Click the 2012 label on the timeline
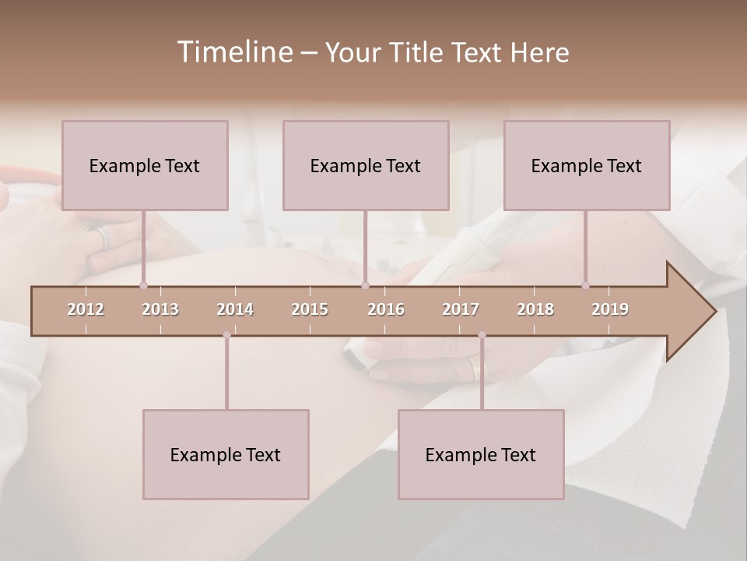86,309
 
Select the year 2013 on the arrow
160,309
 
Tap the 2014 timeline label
235,309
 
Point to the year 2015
310,309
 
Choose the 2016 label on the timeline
386,309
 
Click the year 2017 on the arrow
461,309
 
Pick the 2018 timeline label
535,309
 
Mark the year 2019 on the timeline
610,309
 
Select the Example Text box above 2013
145,165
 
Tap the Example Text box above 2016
366,165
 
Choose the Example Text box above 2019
587,165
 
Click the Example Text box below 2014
226,454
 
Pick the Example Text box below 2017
481,454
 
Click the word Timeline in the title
234,52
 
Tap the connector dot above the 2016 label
365,285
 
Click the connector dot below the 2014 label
226,335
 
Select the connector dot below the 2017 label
482,335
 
